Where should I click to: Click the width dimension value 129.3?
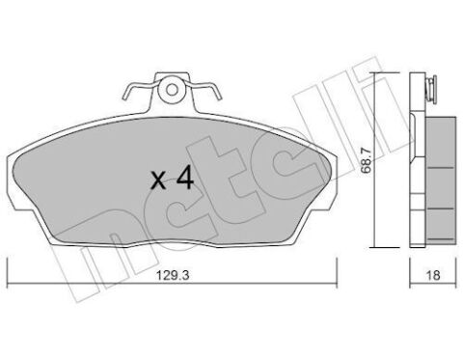pos(173,275)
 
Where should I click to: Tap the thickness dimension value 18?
pos(433,275)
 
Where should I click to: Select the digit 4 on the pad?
pos(184,179)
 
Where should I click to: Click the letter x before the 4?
pos(158,180)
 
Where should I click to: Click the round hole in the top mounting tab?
pos(172,90)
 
